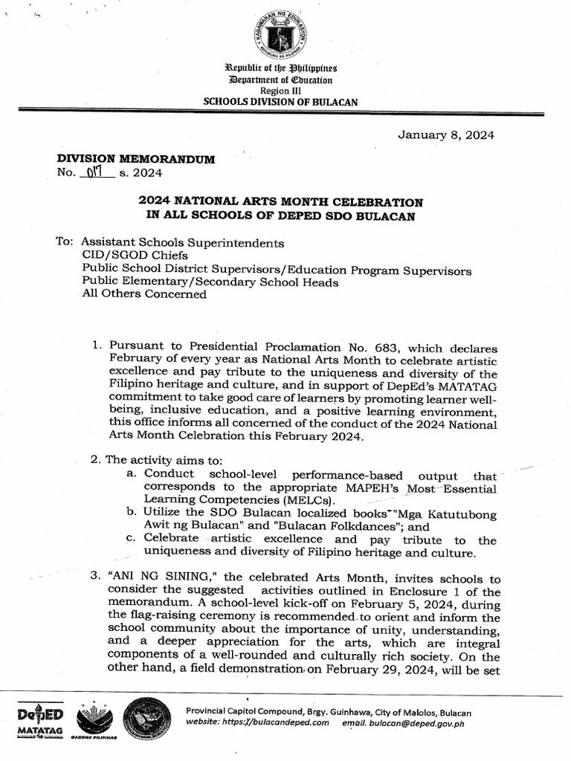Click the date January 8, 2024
pos(446,135)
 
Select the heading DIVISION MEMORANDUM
pos(136,160)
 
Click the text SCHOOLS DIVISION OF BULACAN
pos(280,100)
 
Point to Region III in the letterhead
pos(280,89)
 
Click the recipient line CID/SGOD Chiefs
pos(130,256)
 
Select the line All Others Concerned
pos(144,294)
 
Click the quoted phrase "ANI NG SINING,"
pos(163,578)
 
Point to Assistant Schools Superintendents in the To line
pos(182,243)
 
